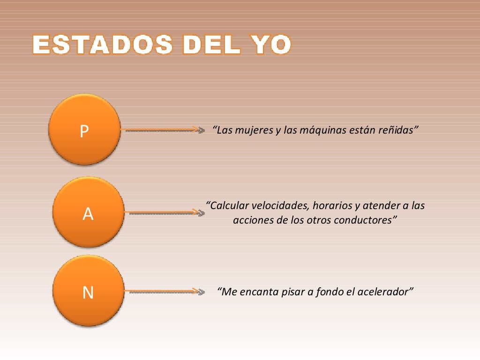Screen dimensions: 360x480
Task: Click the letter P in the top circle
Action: click(84, 132)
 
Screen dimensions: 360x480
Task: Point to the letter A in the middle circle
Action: click(88, 214)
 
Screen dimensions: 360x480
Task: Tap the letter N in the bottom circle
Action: click(88, 293)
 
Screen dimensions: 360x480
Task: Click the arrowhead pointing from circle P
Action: click(201, 130)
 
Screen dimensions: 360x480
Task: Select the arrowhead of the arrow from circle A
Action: click(201, 213)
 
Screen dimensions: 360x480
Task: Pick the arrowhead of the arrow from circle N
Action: click(201, 292)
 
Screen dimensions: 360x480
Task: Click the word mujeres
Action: click(251, 130)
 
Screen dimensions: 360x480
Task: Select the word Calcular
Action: click(229, 206)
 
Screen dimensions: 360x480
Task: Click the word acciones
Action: click(253, 220)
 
